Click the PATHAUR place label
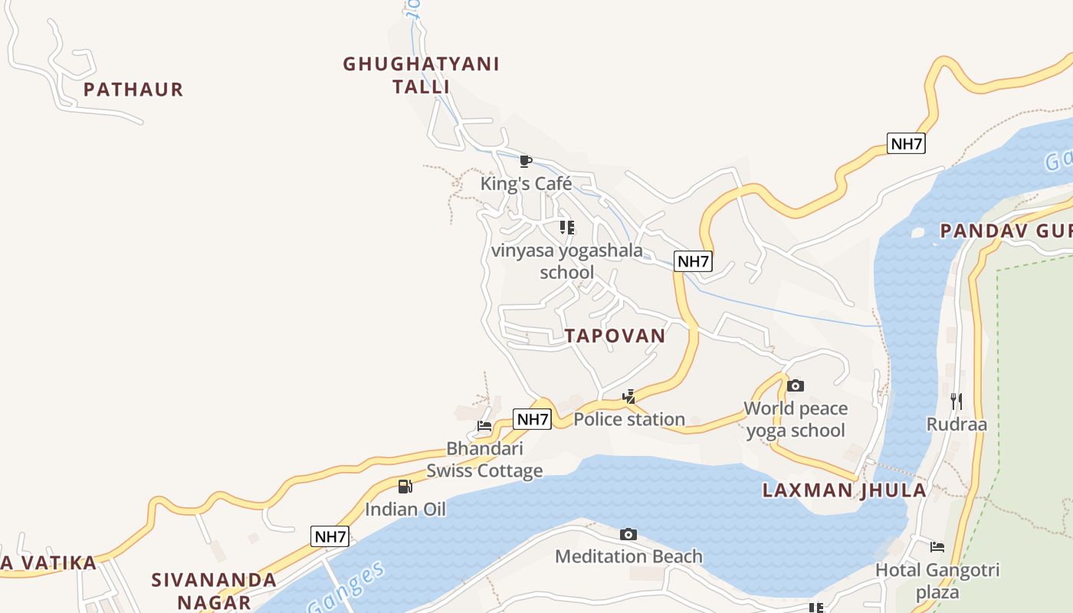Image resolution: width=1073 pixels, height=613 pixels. pyautogui.click(x=133, y=90)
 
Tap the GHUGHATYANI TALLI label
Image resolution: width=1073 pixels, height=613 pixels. pyautogui.click(x=421, y=75)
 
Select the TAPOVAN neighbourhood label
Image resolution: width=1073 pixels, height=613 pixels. pyautogui.click(x=615, y=336)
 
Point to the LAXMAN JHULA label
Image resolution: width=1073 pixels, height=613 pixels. pyautogui.click(x=844, y=490)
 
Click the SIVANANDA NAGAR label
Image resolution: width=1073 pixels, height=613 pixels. pyautogui.click(x=214, y=590)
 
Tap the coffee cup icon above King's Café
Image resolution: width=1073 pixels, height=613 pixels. pyautogui.click(x=525, y=161)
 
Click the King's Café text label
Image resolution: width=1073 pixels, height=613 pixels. pyautogui.click(x=526, y=184)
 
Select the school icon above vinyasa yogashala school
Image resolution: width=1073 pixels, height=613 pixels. pyautogui.click(x=567, y=228)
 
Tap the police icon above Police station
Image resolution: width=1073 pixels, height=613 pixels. pyautogui.click(x=629, y=396)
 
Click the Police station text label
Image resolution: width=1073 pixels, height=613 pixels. pyautogui.click(x=629, y=419)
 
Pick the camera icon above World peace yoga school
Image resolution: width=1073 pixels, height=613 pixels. pyautogui.click(x=796, y=385)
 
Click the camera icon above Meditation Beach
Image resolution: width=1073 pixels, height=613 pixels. pyautogui.click(x=628, y=534)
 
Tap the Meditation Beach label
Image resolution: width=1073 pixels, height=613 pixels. pyautogui.click(x=628, y=556)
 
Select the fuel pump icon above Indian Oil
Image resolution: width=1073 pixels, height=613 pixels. pyautogui.click(x=405, y=486)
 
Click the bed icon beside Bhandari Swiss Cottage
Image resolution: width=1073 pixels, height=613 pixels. pyautogui.click(x=484, y=426)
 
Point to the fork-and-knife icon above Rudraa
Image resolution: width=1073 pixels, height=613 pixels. pyautogui.click(x=956, y=401)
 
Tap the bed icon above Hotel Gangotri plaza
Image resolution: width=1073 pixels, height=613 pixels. pyautogui.click(x=937, y=547)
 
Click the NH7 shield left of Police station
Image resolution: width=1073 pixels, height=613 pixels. pyautogui.click(x=532, y=419)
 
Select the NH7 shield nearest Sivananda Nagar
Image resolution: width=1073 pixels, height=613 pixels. pyautogui.click(x=330, y=536)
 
